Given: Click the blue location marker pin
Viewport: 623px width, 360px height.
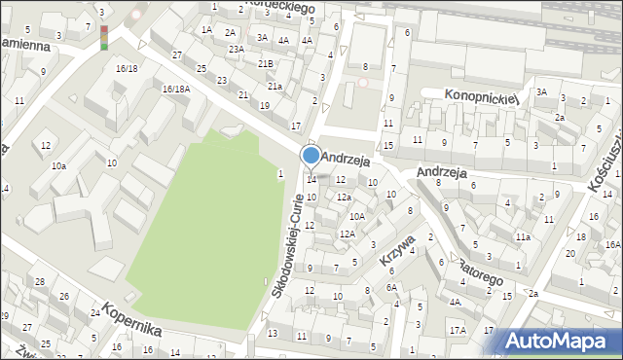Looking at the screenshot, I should point(311,156).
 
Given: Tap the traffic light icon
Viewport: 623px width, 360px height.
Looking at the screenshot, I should point(104,37).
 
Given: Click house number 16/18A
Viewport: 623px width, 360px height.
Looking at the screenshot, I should point(176,90).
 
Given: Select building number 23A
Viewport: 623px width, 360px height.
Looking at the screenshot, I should point(236,49).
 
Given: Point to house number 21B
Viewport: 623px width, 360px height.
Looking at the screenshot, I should point(266,63).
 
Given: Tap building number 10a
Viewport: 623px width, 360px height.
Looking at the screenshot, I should point(58,166).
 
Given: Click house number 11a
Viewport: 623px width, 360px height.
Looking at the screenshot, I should point(523,236).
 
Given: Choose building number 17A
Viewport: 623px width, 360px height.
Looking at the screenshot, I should point(458,331).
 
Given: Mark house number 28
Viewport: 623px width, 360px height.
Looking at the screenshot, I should point(40,281).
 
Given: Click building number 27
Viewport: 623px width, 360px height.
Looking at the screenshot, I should point(176,54).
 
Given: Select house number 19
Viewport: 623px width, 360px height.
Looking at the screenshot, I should point(264,105).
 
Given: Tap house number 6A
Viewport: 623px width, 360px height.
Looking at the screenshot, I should point(390,287).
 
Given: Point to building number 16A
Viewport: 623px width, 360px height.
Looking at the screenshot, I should point(612,245).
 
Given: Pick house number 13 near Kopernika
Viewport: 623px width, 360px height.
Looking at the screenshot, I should point(272,334).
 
